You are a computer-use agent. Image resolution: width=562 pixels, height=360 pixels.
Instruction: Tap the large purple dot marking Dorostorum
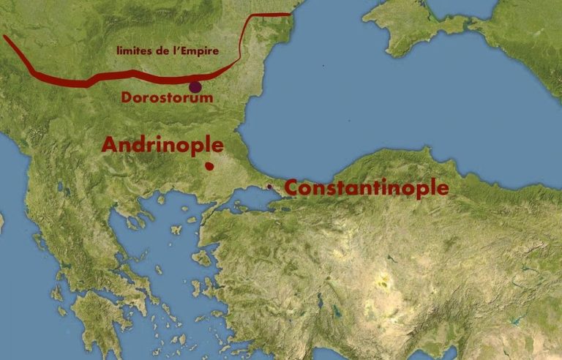195,87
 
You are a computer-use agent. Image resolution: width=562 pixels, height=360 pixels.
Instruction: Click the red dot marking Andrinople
209,166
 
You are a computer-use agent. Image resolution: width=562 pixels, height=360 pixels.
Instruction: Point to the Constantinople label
366,188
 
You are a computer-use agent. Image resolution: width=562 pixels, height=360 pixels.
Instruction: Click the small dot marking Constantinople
269,187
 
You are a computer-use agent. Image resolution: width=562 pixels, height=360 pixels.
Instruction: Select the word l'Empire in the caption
218,50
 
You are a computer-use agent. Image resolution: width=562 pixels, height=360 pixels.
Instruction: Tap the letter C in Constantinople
291,188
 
